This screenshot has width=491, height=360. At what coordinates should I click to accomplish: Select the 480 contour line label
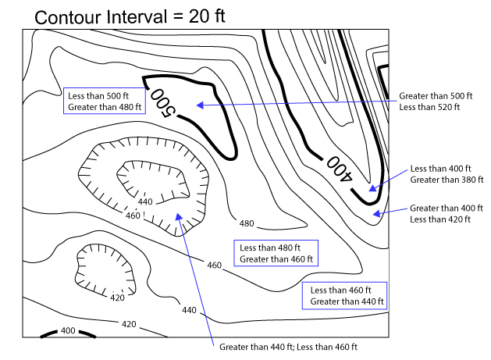[x=247, y=224]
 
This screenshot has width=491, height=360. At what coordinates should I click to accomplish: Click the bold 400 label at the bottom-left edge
[x=68, y=331]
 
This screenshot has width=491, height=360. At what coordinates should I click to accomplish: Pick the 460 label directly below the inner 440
[x=133, y=216]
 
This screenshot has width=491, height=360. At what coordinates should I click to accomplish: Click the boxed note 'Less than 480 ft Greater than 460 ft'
[x=277, y=253]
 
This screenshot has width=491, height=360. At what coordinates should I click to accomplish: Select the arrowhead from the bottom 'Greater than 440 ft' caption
[x=180, y=218]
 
